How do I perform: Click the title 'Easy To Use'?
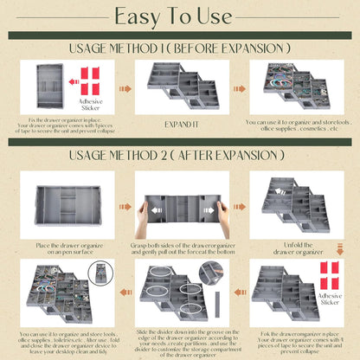[x=179, y=16]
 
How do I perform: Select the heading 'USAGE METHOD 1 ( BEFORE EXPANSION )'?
[x=179, y=48]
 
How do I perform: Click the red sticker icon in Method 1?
[x=90, y=79]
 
